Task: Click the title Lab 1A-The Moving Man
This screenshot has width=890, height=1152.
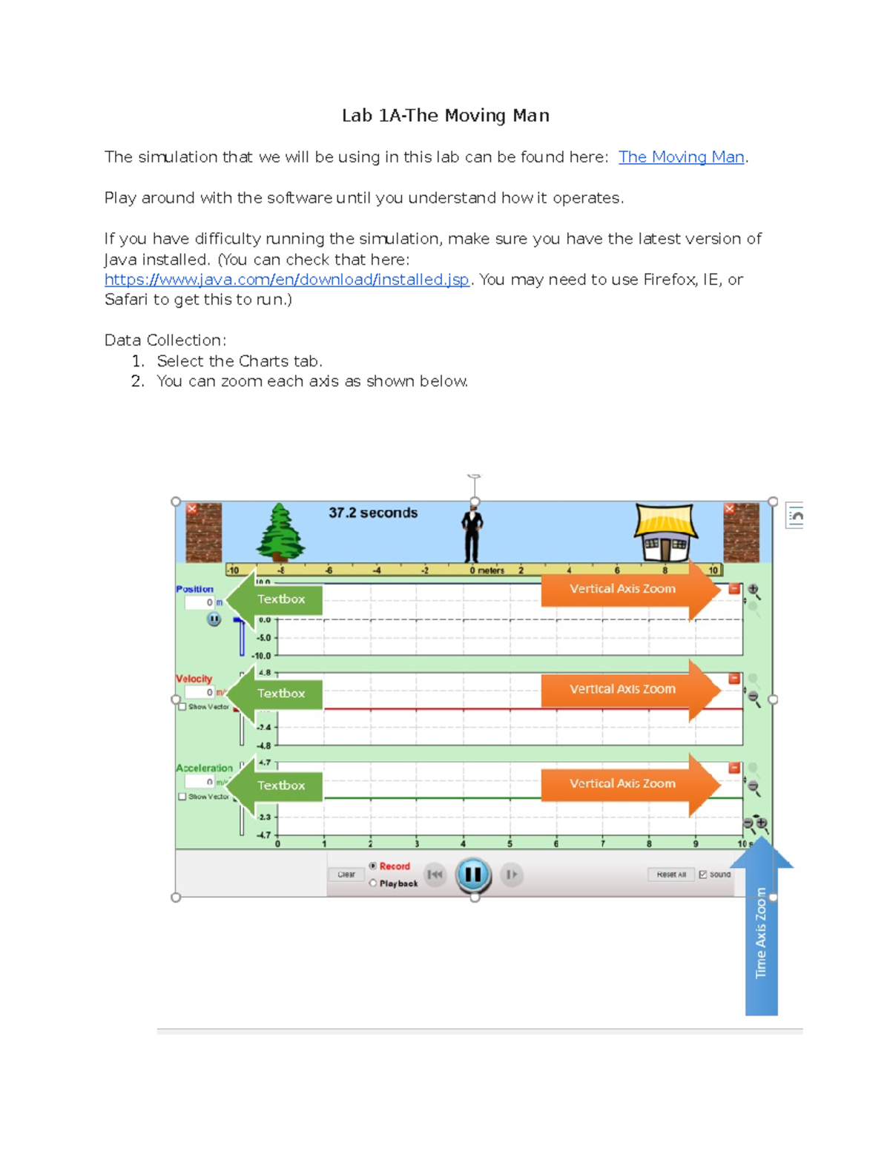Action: click(445, 116)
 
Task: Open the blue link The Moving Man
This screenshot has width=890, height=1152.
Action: click(681, 157)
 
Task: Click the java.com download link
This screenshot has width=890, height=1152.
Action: click(286, 280)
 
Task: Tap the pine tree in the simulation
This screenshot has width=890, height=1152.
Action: click(280, 532)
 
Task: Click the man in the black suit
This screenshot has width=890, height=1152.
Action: click(472, 534)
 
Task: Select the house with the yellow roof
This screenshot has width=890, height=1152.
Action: click(665, 532)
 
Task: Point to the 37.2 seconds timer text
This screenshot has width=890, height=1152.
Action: click(373, 513)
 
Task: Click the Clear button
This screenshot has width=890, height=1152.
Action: click(346, 875)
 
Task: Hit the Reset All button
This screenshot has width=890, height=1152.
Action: click(670, 875)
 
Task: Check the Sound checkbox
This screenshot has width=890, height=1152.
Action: click(703, 875)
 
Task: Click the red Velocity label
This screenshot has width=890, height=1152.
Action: click(194, 679)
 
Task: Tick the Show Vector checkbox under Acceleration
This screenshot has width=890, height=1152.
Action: click(182, 797)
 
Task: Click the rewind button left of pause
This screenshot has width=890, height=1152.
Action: click(435, 875)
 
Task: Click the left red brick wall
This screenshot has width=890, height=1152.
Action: click(203, 533)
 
